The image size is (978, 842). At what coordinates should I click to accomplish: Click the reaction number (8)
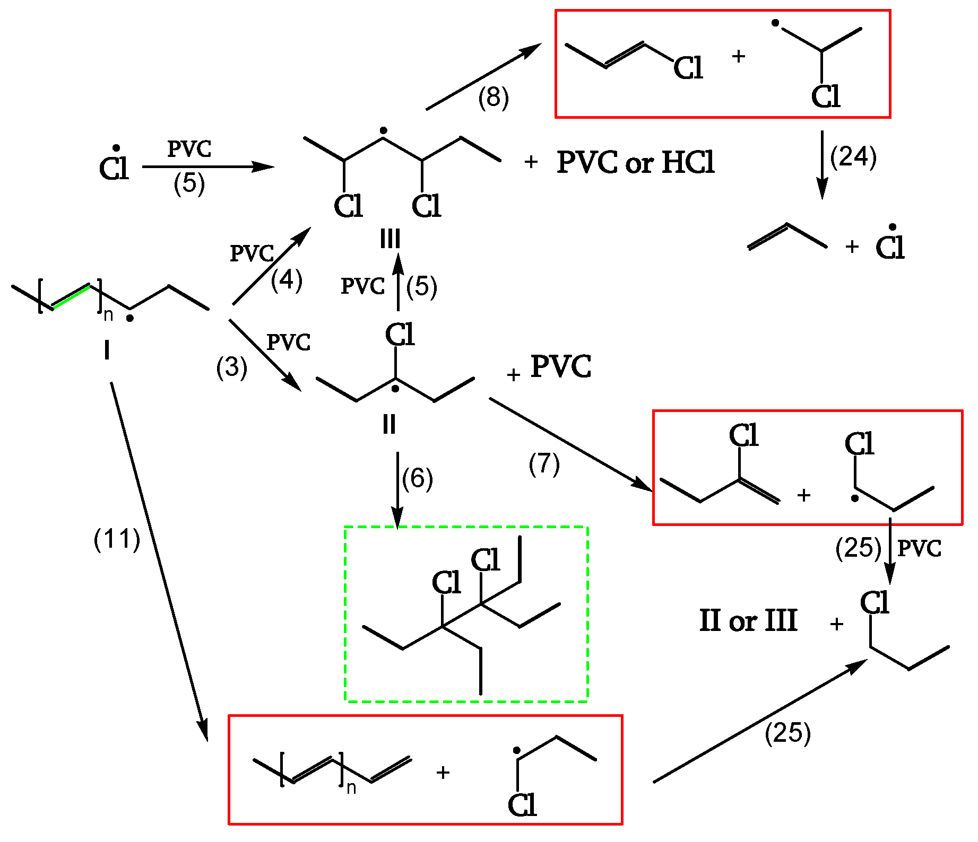[x=493, y=98]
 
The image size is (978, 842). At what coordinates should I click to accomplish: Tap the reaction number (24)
[x=853, y=157]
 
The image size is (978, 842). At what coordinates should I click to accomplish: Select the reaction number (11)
[x=117, y=540]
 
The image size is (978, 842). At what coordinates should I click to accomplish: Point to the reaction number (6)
[x=417, y=478]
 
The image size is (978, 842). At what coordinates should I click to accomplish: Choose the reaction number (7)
[x=544, y=464]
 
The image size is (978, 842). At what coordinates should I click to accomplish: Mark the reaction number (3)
[x=231, y=367]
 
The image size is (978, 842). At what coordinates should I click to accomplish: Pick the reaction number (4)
[x=286, y=280]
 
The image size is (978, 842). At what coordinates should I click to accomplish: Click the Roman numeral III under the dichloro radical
[x=390, y=240]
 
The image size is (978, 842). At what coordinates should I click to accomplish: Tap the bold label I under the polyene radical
[x=107, y=350]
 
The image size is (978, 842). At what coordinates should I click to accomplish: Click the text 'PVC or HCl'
[x=636, y=162]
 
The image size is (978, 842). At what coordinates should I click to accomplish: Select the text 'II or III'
[x=748, y=620]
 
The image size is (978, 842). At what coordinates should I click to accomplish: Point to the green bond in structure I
[x=71, y=296]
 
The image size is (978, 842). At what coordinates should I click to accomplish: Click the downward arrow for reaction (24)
[x=822, y=164]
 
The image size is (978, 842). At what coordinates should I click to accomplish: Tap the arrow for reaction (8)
[x=483, y=77]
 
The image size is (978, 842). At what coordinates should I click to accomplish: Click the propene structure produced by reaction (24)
[x=787, y=236]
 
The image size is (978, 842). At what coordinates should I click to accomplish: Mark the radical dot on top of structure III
[x=383, y=130]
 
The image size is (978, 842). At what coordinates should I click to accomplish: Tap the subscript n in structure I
[x=108, y=315]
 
